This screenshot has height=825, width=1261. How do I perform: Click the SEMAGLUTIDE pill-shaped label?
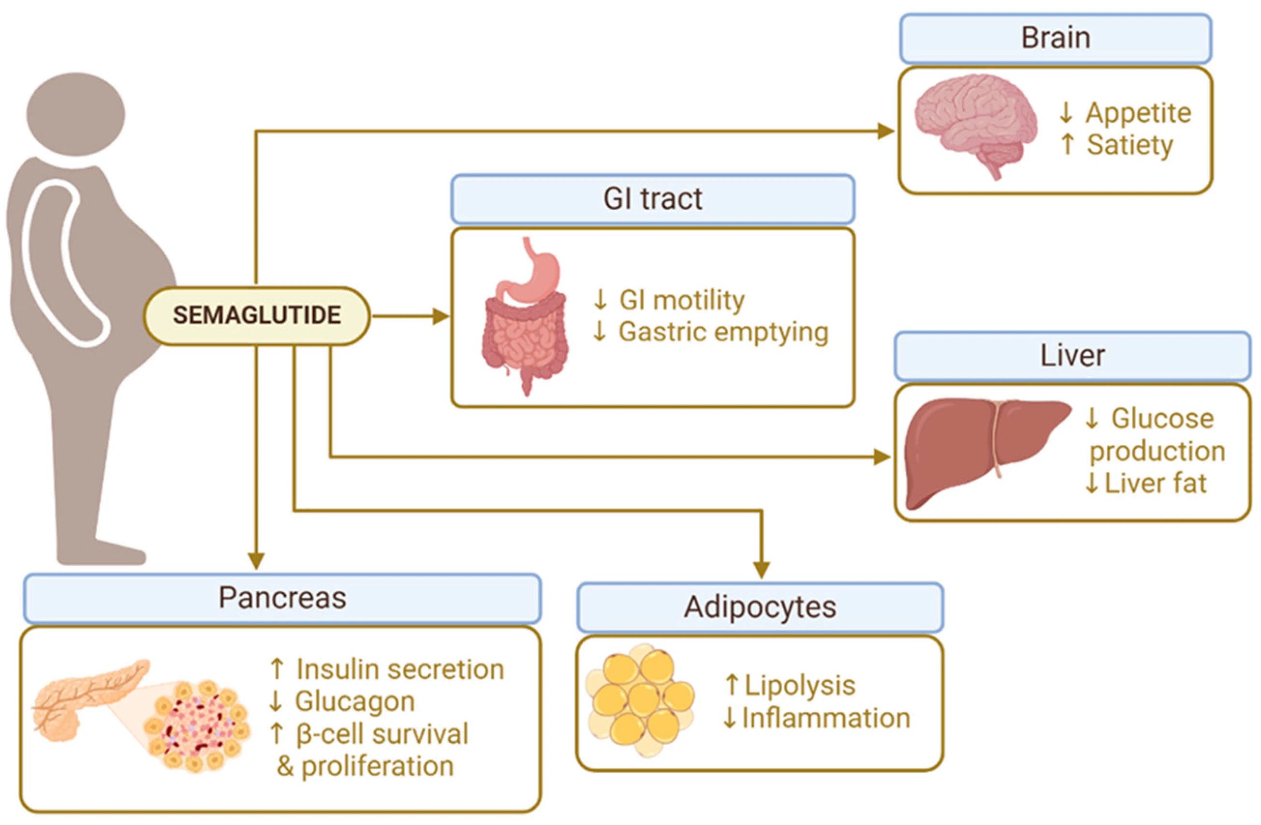coord(257,316)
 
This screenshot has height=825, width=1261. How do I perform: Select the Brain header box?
coord(1056,38)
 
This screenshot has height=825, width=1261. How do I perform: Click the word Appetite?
coord(1138,113)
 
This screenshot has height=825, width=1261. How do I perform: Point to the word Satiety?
coord(1129,145)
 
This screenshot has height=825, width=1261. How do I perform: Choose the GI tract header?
coord(652,199)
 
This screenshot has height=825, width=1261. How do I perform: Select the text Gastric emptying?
coord(723,332)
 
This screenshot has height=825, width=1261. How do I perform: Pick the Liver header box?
coord(1072,355)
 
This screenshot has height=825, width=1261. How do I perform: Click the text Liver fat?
coord(1155,483)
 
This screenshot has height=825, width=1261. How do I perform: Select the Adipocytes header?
coord(760,607)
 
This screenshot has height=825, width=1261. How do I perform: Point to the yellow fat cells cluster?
coord(641,699)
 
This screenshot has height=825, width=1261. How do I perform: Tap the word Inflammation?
coord(826,719)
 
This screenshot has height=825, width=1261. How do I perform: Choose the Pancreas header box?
coord(282,598)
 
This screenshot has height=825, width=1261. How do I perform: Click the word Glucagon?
coord(354,702)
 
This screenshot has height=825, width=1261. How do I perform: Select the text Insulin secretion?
coord(400,669)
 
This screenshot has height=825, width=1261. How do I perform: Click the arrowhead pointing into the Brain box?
coord(886,131)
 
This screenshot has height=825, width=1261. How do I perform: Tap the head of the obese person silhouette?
coord(76,114)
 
